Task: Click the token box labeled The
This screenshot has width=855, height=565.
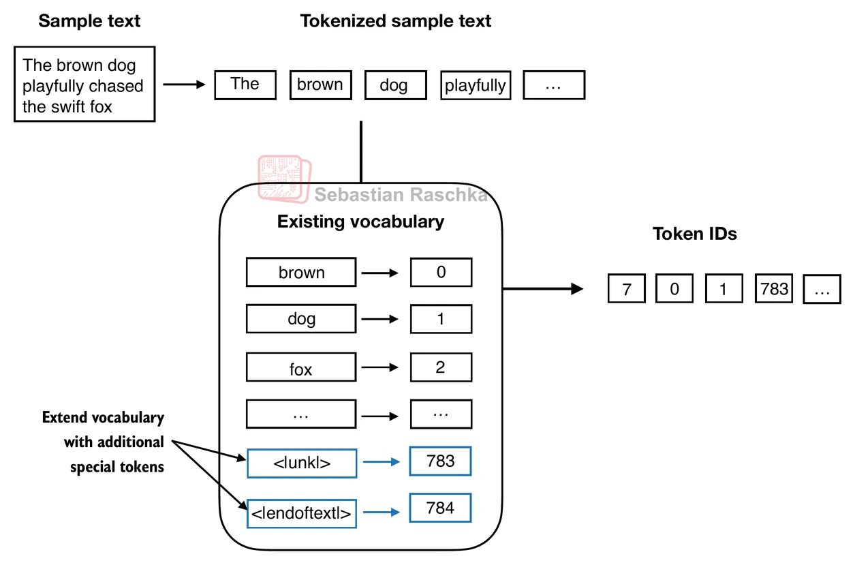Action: coord(245,85)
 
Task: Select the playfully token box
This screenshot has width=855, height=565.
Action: coord(476,86)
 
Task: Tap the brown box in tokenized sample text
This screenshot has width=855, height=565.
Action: coord(320,85)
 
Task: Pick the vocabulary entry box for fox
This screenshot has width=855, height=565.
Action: coord(300,369)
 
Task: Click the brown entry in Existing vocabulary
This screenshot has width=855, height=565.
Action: coord(300,273)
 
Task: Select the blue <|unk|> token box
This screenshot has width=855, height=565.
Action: coord(302,463)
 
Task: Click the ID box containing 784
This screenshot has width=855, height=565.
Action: coord(440,508)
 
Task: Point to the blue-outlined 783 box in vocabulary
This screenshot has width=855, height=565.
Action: coord(440,461)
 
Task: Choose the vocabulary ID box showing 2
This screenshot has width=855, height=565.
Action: coord(441,368)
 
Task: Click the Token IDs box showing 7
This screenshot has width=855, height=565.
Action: coord(627,290)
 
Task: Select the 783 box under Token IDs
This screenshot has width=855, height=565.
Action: coord(774,289)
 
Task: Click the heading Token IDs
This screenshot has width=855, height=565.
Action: coord(695,234)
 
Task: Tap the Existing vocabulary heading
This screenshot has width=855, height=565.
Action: coord(360,222)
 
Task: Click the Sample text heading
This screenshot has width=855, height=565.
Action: coord(89,21)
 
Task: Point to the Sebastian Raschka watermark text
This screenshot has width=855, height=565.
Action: coord(401,196)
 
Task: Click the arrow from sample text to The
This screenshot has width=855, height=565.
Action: coord(184,85)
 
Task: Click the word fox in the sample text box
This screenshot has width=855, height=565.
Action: coord(99,107)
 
